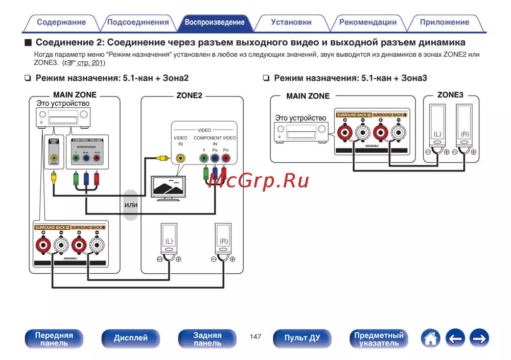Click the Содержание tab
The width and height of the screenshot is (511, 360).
coord(61,22)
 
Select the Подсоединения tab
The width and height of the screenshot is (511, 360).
coord(138,22)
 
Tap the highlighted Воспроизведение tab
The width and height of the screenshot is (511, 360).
coord(215,22)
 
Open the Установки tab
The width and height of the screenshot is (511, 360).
coord(291,22)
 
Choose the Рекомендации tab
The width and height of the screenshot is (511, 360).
coord(368,22)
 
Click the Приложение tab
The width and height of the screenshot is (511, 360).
coord(445,22)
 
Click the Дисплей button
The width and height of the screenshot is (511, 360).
coord(130,338)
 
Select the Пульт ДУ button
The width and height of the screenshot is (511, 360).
coord(302,338)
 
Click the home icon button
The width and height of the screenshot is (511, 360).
coord(431,338)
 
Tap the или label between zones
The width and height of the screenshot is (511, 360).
coord(131,205)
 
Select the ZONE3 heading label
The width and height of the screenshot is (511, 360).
coord(450,95)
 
